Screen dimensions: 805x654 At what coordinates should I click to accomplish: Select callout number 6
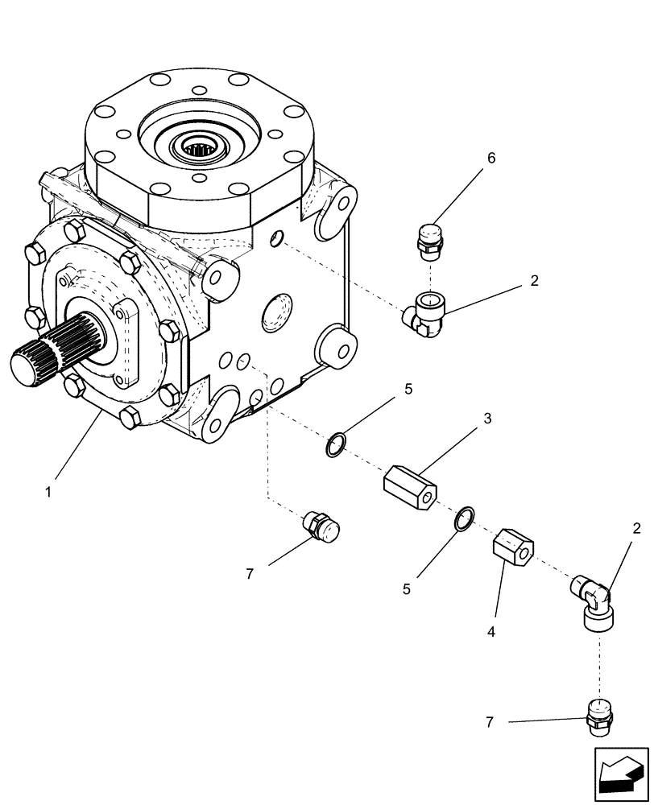pyautogui.click(x=490, y=158)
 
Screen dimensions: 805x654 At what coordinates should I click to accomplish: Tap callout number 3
pyautogui.click(x=488, y=419)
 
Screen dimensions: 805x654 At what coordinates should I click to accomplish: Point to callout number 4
pyautogui.click(x=490, y=631)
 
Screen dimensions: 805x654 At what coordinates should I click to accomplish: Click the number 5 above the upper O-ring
pyautogui.click(x=408, y=390)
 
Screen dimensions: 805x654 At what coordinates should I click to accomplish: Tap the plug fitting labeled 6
pyautogui.click(x=433, y=239)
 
